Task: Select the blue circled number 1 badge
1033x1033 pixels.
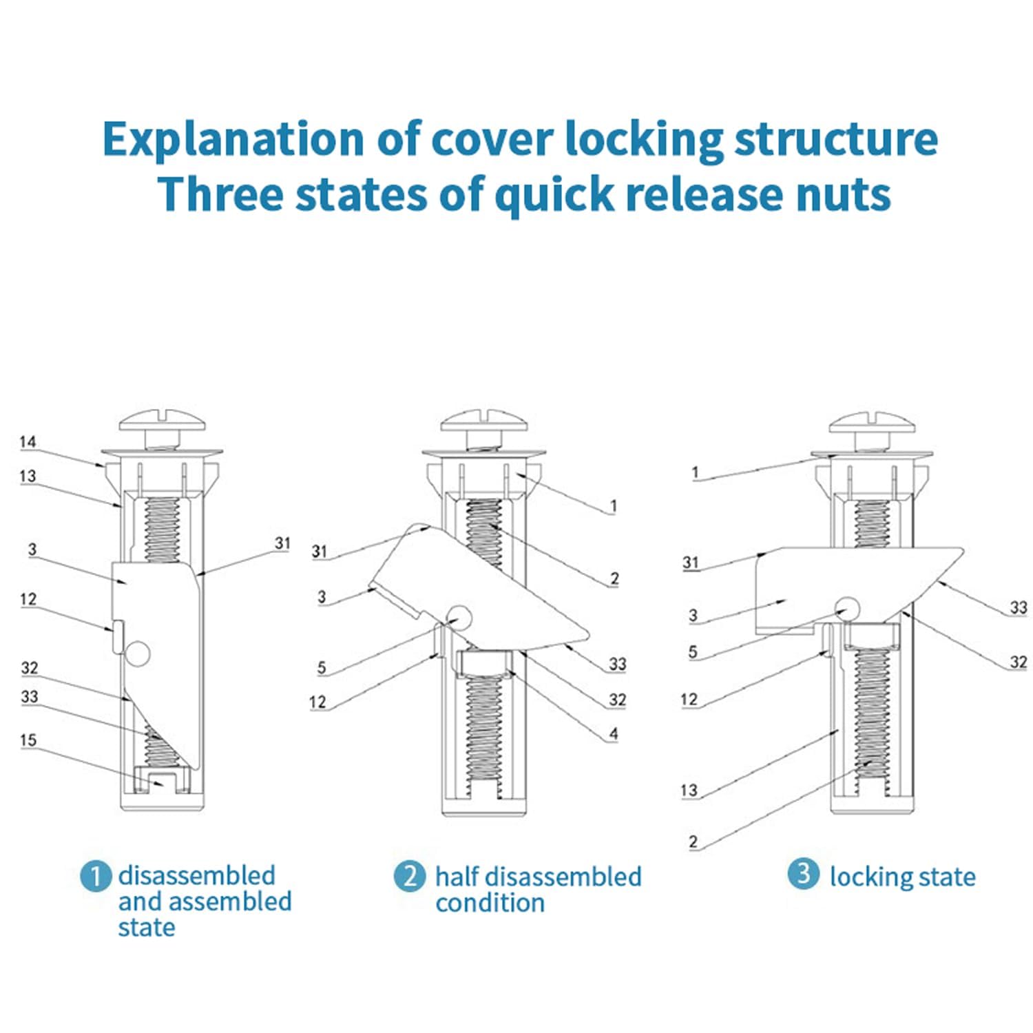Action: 96,876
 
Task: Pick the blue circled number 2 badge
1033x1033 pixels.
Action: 409,876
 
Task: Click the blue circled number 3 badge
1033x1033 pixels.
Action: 803,874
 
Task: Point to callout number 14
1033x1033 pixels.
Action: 28,441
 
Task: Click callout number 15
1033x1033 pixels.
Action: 28,740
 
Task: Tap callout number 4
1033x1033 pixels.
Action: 614,734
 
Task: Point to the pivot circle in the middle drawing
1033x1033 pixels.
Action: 459,618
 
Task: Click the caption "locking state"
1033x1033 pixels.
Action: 902,877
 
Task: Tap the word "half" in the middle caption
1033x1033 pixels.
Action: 457,877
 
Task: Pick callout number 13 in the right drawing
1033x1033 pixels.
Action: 689,790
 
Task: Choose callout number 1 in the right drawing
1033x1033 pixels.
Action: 695,472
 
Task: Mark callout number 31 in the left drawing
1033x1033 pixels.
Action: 283,543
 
